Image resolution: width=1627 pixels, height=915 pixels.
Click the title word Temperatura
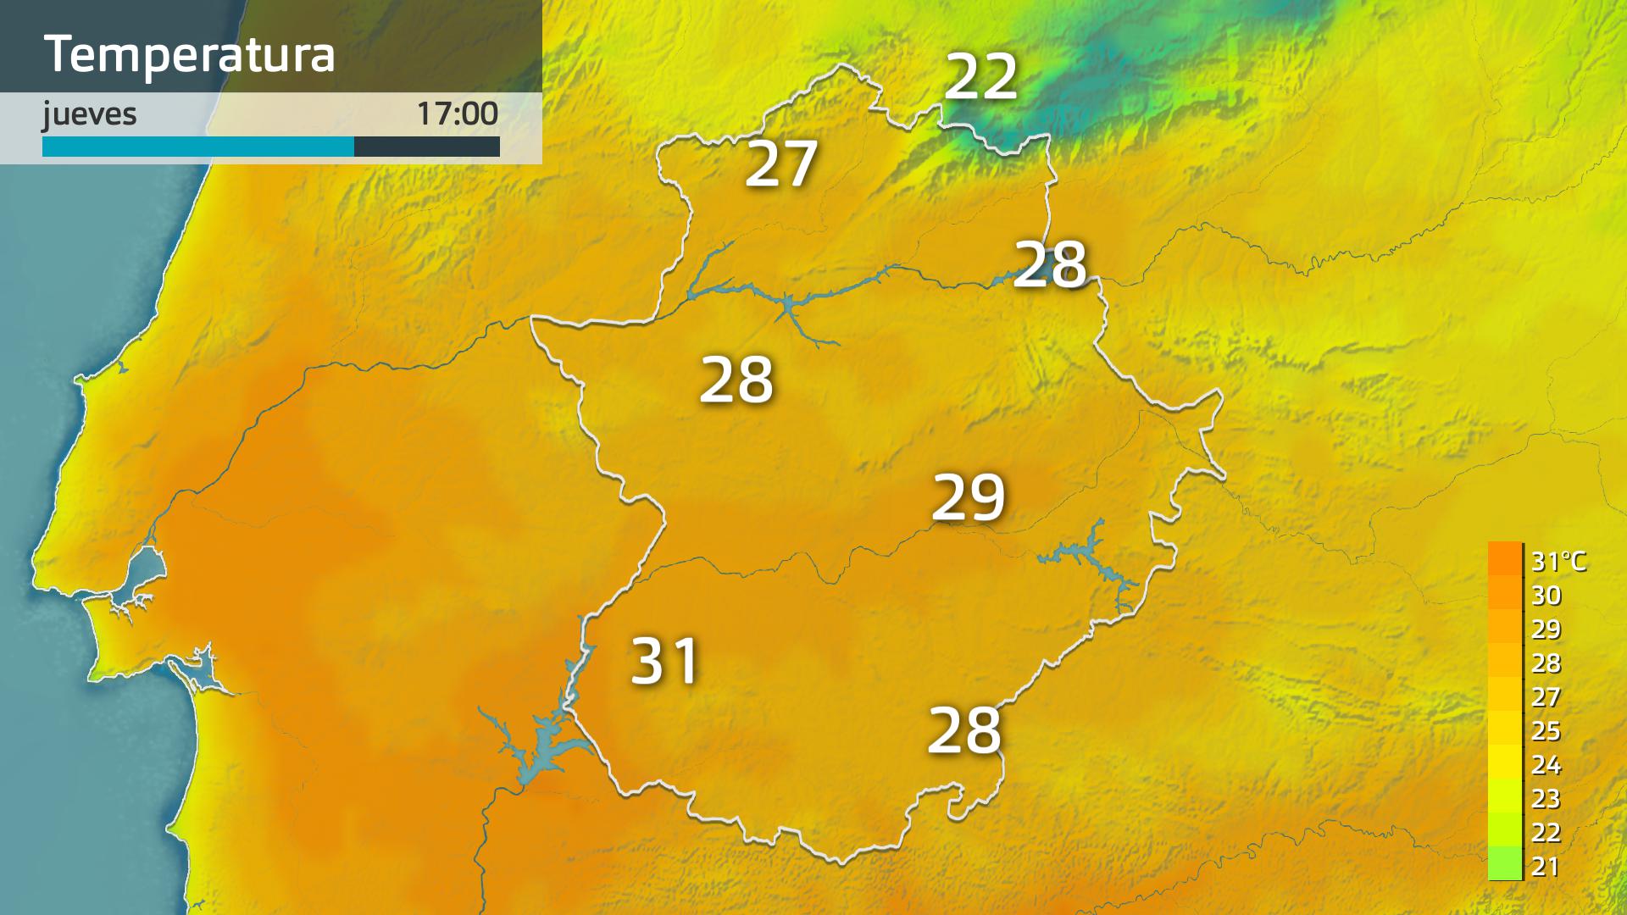[189, 54]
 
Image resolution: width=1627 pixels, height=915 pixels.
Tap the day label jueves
[89, 114]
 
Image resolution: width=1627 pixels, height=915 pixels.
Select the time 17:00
[457, 114]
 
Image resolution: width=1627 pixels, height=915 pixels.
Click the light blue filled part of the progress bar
[197, 147]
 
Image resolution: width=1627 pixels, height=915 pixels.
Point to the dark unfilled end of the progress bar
[426, 147]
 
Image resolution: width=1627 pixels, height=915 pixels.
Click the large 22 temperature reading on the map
[980, 77]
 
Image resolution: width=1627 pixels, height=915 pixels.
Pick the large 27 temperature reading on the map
[781, 164]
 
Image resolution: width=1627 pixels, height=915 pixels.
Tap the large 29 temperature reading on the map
[968, 497]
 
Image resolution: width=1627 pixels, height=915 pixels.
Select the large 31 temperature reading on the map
[665, 661]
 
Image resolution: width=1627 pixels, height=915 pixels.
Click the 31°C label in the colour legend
[1558, 561]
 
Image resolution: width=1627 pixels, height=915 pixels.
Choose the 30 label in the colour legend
[1546, 596]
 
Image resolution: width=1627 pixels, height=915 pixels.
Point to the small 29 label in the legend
[1546, 629]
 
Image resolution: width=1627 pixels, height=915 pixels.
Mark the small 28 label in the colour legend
[1546, 663]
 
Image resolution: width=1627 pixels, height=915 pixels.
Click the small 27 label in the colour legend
[1546, 697]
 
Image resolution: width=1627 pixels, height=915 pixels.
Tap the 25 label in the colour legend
[1546, 731]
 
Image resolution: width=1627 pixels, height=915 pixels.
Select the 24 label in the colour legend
[1546, 765]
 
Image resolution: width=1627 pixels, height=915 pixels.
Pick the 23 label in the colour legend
[1546, 799]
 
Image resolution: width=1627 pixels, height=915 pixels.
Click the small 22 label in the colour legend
[1546, 833]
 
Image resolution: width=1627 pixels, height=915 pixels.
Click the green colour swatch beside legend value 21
[1505, 864]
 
